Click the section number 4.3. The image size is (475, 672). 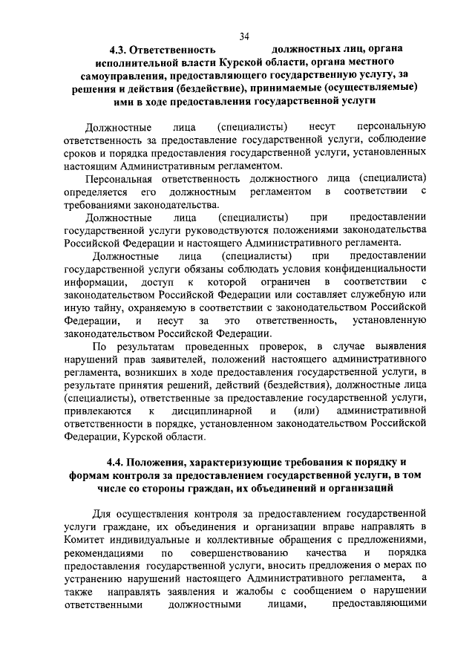pos(118,50)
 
